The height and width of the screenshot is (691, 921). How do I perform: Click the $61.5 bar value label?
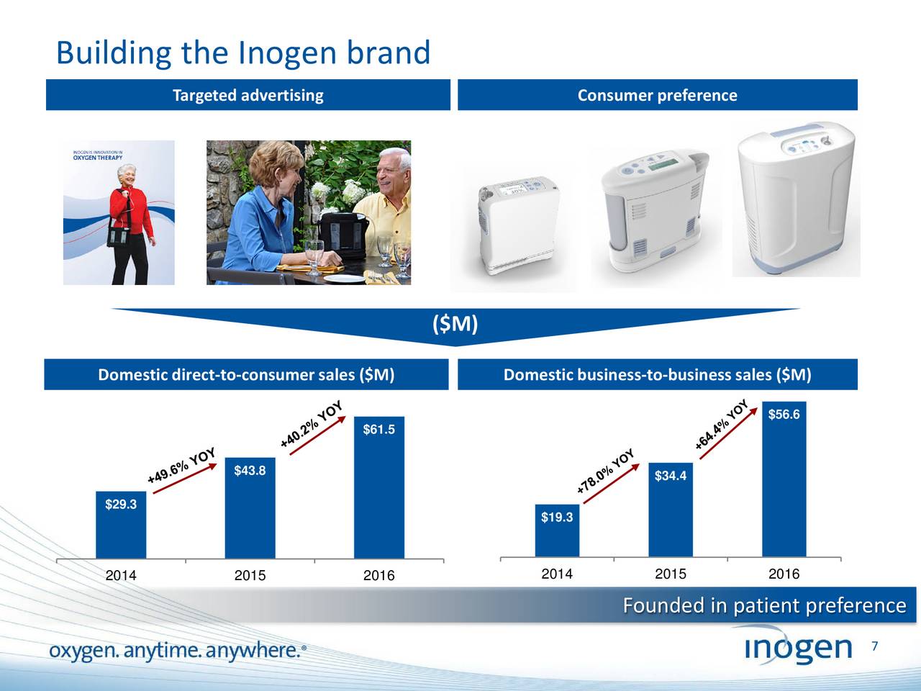pos(378,430)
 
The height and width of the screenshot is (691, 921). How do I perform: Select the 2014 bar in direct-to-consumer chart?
pos(121,525)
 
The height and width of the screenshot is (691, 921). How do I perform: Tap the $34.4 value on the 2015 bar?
pos(670,476)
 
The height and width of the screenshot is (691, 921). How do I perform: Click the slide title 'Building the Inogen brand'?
pos(243,53)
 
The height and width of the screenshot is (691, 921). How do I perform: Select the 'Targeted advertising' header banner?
pos(248,95)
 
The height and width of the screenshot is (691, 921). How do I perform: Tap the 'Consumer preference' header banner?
pos(657,95)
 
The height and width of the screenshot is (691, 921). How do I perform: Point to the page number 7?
pos(874,646)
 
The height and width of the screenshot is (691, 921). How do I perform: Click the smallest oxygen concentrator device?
pos(512,223)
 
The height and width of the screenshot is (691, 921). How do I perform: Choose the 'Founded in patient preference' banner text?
pos(764,606)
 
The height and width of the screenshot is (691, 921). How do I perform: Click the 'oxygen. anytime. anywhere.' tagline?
pos(177,651)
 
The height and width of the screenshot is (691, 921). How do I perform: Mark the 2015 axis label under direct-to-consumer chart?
pos(250,576)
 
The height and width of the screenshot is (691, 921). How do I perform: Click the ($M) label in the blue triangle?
pos(455,325)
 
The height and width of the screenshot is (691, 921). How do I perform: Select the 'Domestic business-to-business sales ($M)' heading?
pos(657,374)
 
